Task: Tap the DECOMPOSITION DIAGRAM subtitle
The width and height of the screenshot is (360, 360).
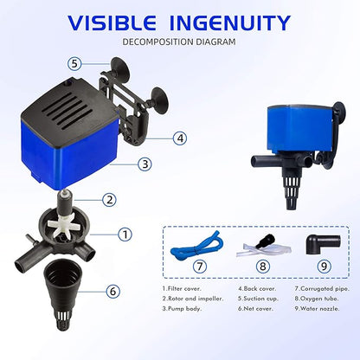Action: coord(179,42)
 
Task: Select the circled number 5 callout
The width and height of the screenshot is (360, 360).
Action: coord(74,63)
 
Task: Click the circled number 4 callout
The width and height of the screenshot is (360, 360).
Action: coord(179,137)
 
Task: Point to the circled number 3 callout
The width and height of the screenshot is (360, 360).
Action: coord(145,163)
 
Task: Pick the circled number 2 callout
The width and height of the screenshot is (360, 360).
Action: coord(109,199)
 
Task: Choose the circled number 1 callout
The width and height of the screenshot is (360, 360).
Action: coord(125,234)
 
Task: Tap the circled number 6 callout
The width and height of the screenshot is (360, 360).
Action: coord(113,291)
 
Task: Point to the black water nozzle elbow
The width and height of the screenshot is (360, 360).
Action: coord(317,241)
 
